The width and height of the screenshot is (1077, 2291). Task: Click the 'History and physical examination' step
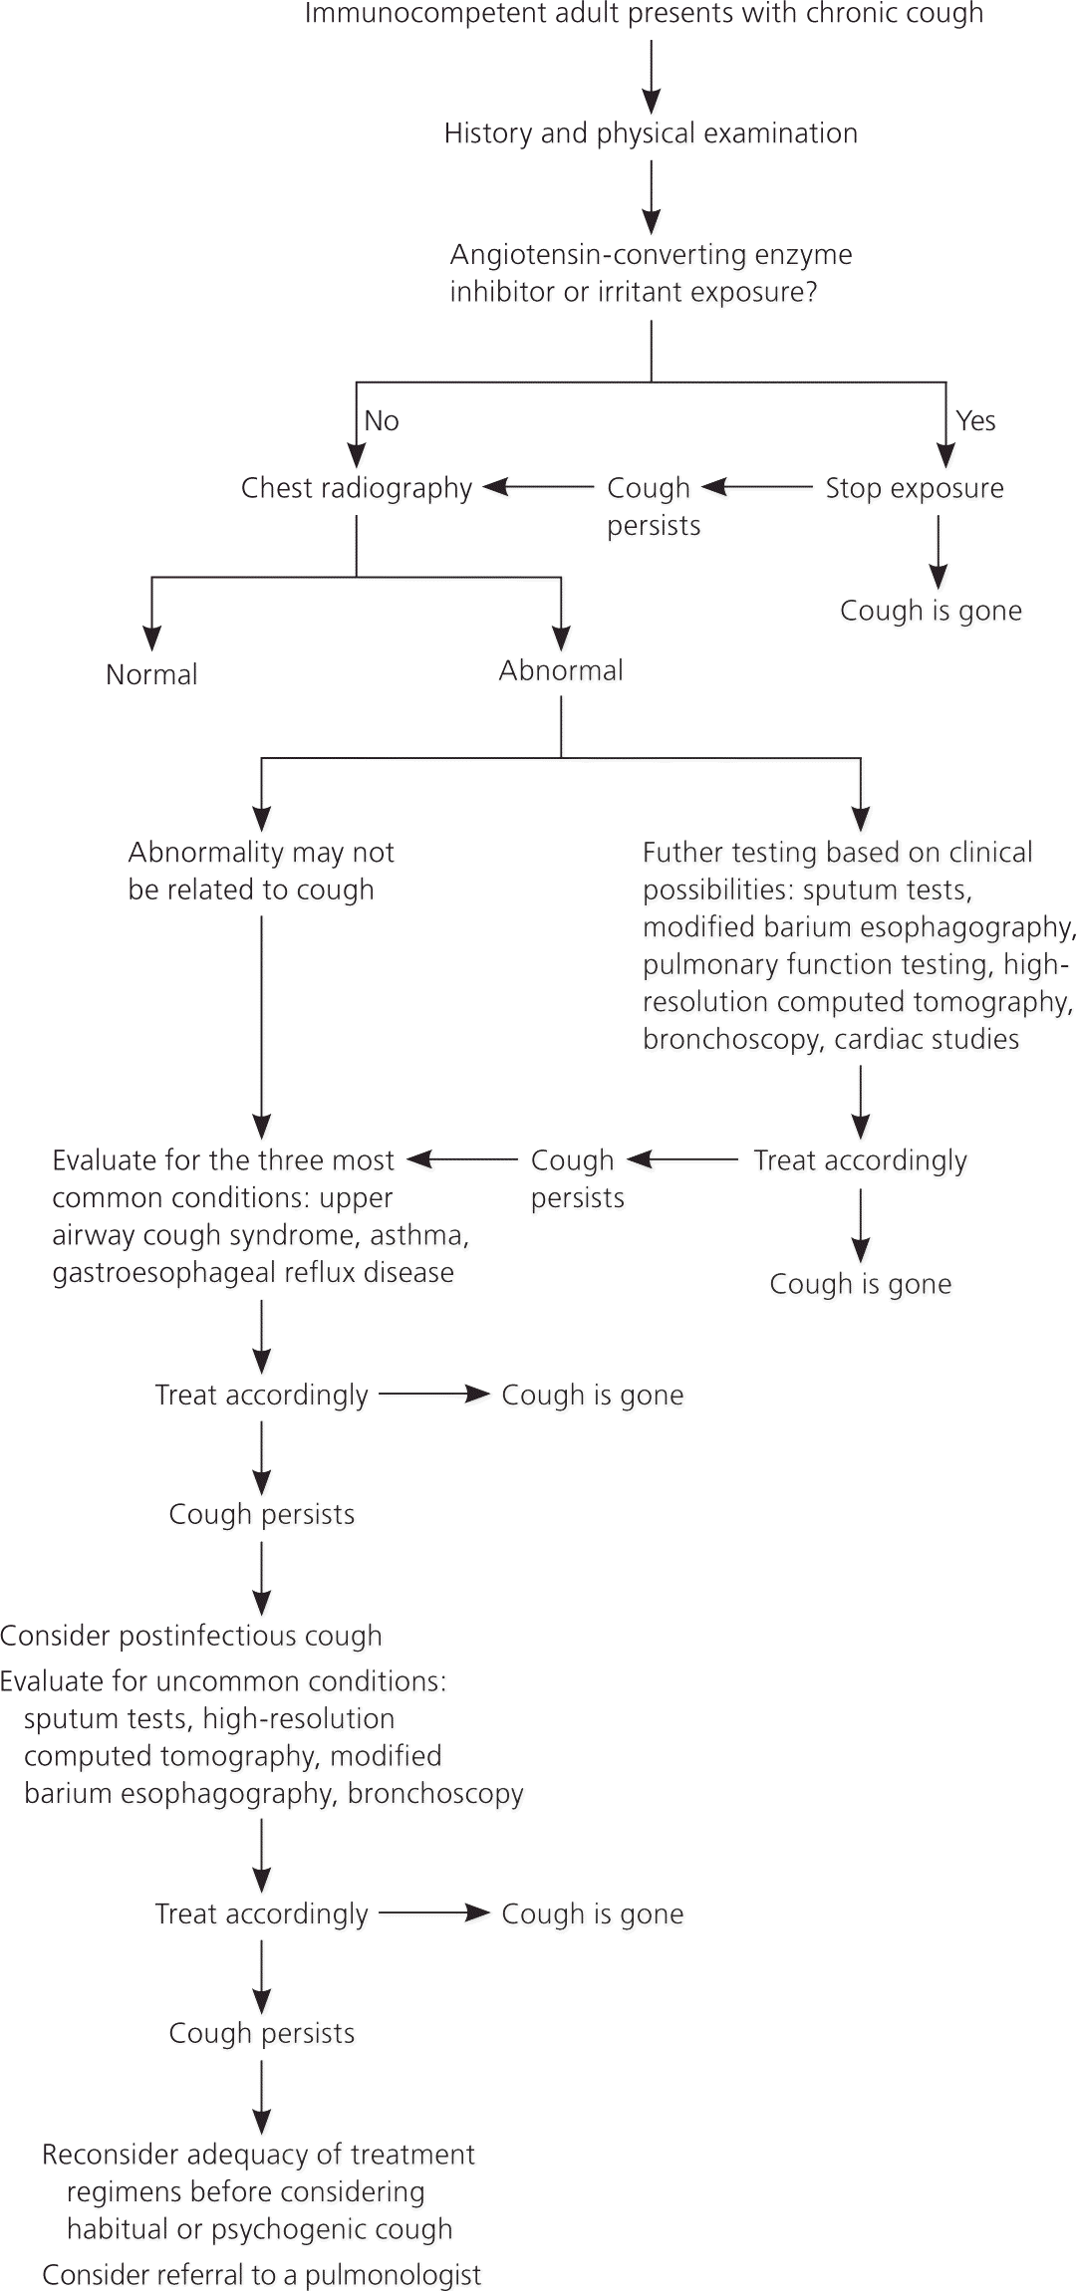[651, 133]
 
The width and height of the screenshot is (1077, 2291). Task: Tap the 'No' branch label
[382, 421]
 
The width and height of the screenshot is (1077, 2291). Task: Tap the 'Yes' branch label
[975, 421]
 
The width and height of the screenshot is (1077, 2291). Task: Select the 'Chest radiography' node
[357, 488]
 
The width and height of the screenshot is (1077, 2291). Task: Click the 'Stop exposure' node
[915, 488]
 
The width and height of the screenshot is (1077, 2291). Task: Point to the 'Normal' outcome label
[151, 674]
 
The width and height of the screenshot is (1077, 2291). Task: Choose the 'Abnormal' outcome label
[561, 670]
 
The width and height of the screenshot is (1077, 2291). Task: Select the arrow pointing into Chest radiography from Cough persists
[538, 487]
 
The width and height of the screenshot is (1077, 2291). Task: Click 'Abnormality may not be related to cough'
[261, 871]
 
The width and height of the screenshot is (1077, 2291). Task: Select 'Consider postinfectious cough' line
[191, 1636]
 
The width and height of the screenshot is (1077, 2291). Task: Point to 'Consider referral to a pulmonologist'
[261, 2275]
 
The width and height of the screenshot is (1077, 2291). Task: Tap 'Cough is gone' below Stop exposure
[931, 611]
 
